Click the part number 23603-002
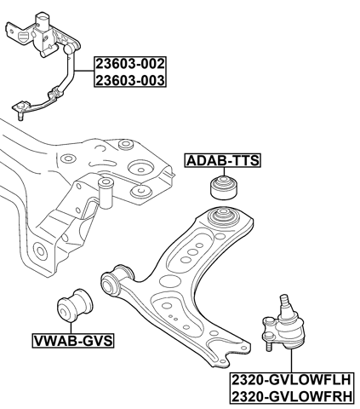130,64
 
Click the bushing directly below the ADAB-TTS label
225,187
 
